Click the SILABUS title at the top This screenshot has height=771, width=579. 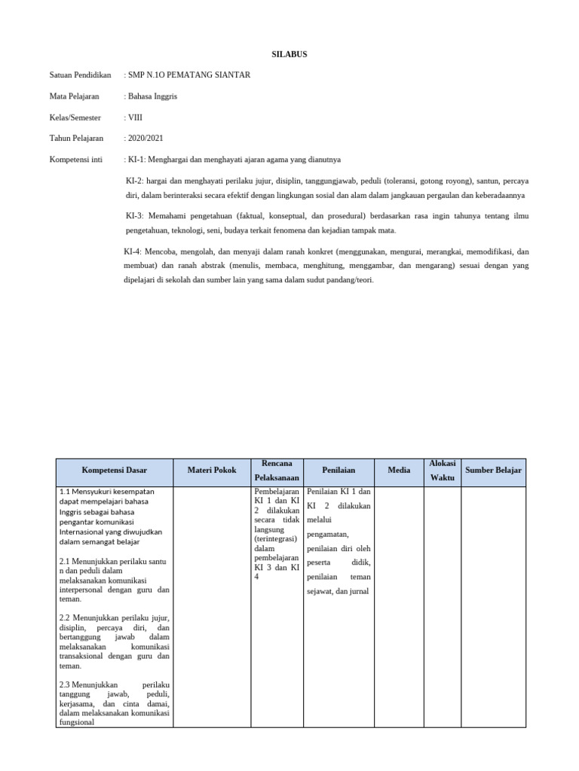289,54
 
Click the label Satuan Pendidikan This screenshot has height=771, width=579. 80,75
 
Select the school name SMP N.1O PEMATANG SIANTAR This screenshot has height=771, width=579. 189,75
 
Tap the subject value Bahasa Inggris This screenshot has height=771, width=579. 152,96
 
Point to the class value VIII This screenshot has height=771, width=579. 135,117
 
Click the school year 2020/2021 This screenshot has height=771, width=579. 145,139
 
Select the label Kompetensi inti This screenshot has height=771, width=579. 75,160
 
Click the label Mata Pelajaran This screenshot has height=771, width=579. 75,96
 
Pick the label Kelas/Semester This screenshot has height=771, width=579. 75,117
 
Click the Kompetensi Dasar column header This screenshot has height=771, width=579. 115,471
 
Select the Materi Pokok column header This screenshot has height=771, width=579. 212,471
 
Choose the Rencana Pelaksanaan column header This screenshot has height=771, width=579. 277,471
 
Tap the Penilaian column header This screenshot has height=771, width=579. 339,471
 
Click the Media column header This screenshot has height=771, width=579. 399,471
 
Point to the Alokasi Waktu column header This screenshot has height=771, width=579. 442,471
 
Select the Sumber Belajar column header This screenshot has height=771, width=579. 493,471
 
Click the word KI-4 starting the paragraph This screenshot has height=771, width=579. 132,251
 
